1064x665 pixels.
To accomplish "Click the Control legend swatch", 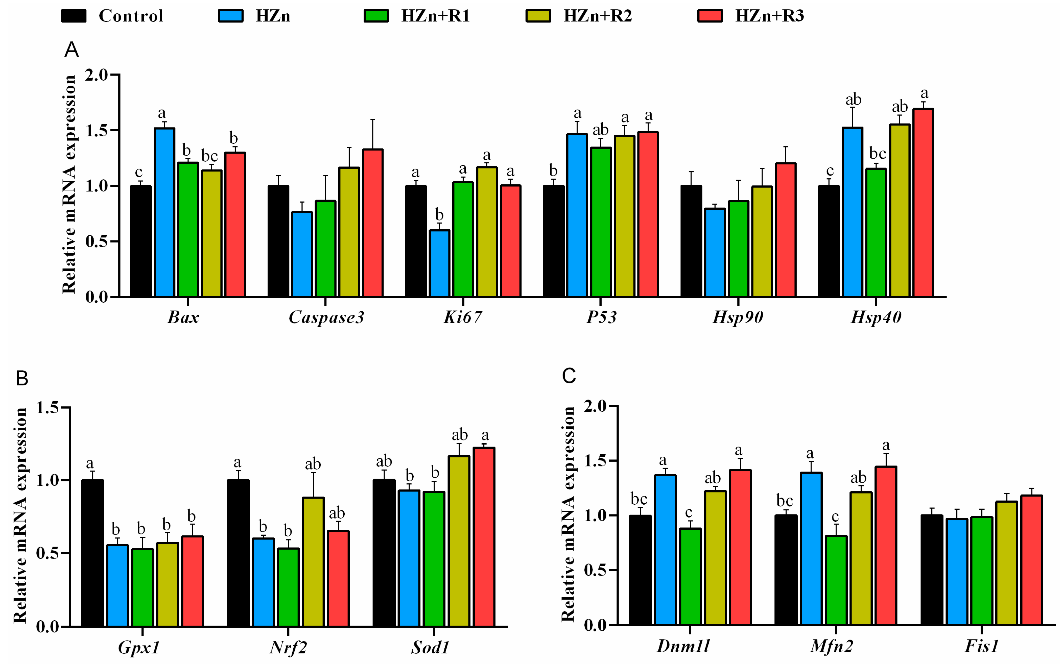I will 74,16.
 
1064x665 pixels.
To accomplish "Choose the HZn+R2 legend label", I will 598,16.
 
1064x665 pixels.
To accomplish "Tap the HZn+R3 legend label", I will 769,16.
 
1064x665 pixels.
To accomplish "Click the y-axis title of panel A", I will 69,185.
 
